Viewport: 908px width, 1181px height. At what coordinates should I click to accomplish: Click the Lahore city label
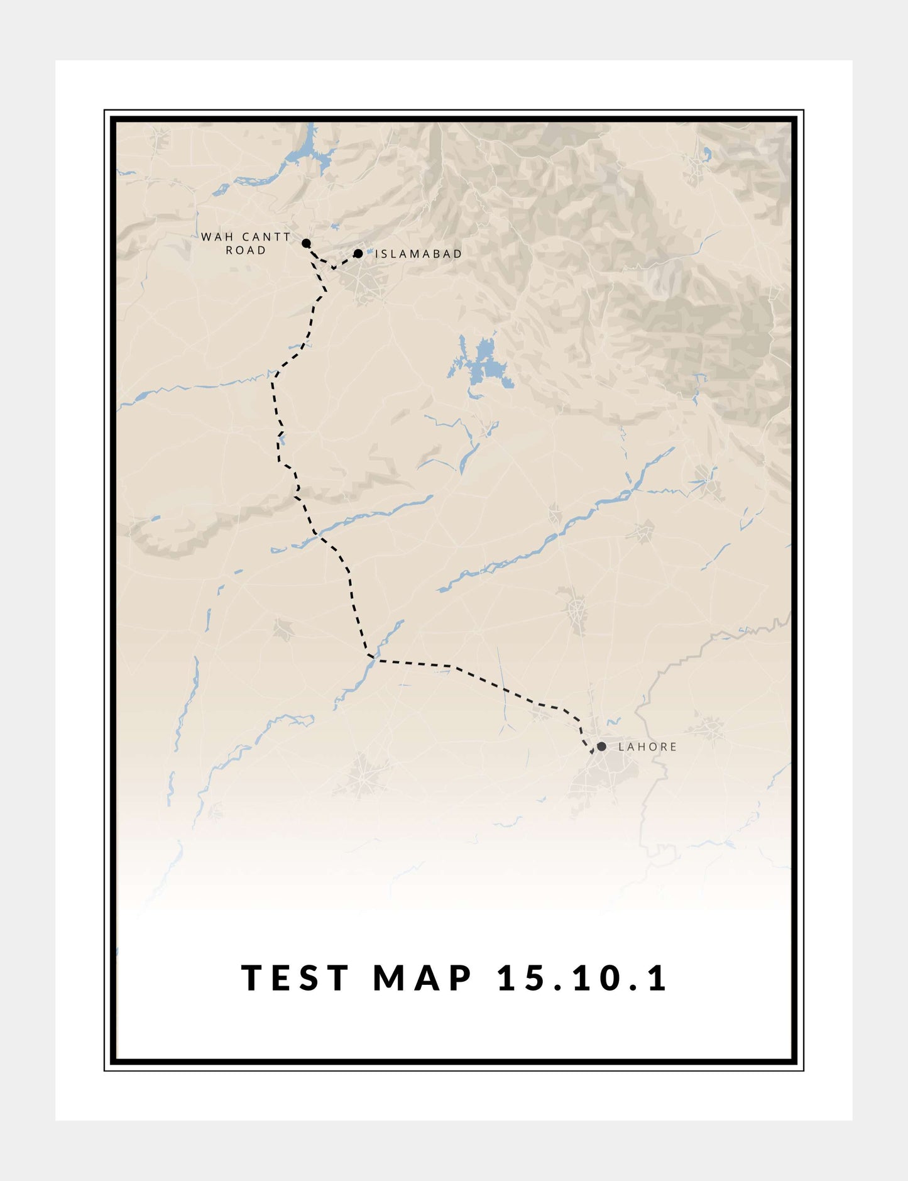(647, 747)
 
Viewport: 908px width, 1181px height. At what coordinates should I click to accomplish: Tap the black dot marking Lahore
(601, 746)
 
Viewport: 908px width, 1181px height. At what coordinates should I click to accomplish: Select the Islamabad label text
(418, 254)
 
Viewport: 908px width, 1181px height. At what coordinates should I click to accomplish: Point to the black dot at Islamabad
(358, 253)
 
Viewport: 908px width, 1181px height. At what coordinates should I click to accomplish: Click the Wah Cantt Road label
(246, 243)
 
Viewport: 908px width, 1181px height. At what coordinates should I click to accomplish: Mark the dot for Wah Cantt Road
(306, 243)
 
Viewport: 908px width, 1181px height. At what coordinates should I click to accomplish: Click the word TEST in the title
(295, 978)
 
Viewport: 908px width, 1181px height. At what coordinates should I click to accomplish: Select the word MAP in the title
(423, 978)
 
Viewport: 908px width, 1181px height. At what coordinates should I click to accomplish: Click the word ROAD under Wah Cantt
(246, 250)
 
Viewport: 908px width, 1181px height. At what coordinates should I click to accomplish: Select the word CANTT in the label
(266, 237)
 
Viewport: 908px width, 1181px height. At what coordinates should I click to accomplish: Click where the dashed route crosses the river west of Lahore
(372, 659)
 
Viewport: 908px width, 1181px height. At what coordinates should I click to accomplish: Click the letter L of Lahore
(621, 747)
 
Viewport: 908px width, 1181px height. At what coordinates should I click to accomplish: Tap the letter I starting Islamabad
(377, 254)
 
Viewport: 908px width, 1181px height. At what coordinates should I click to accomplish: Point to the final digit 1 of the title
(659, 978)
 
